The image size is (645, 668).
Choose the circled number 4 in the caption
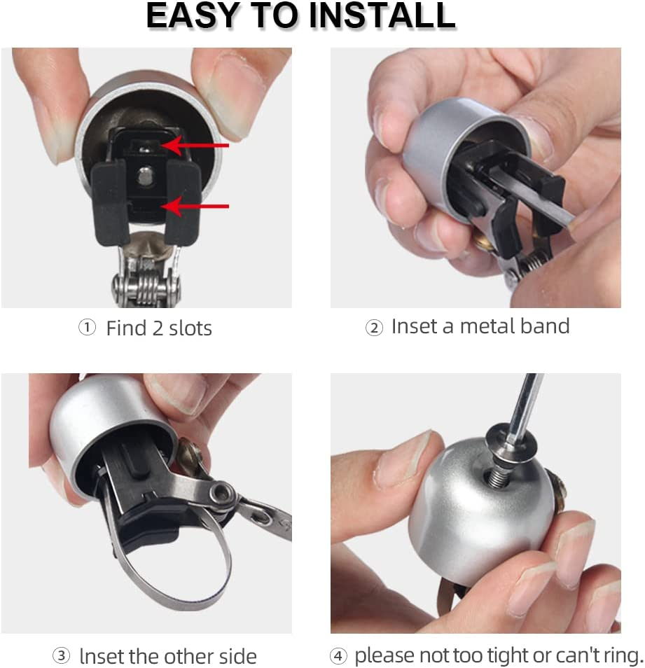click(x=338, y=657)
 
